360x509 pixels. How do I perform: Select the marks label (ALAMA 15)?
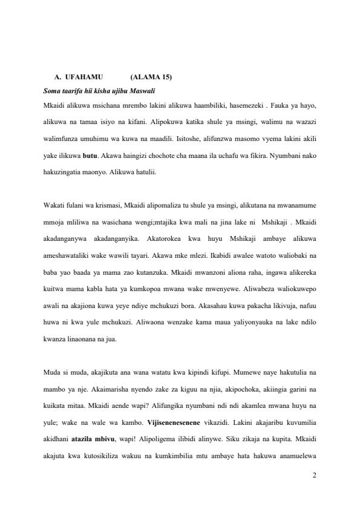click(x=151, y=77)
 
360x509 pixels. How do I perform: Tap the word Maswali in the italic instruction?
click(x=143, y=91)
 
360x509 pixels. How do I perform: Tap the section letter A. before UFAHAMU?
click(x=57, y=77)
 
